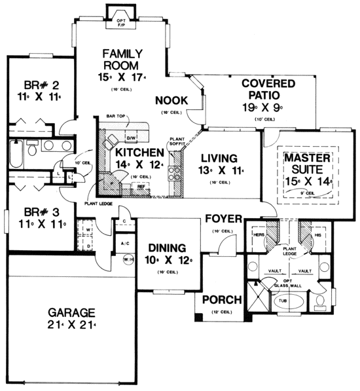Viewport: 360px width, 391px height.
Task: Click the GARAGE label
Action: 70,312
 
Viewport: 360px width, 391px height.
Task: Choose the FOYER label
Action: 223,219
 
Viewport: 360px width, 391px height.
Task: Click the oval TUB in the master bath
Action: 287,303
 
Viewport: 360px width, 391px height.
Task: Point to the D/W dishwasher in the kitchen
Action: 130,138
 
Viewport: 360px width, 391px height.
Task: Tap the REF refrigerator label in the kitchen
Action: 140,186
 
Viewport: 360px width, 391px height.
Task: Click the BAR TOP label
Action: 115,117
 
